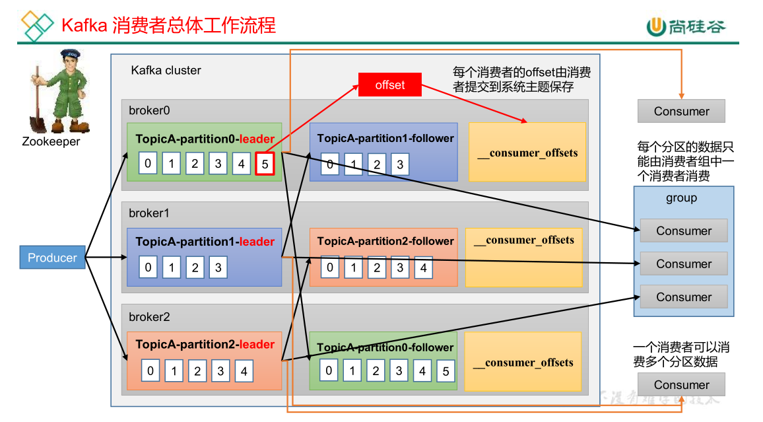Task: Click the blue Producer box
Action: pos(52,258)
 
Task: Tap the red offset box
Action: pos(389,85)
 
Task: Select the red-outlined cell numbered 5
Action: pos(265,164)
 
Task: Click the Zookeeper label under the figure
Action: pos(51,141)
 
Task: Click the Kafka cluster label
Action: pos(166,70)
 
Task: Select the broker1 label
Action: pos(149,213)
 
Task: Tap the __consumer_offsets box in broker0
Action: pos(527,153)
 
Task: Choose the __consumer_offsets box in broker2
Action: pos(523,362)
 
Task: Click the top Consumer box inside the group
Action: pos(684,230)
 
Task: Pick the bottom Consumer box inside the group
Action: pos(684,297)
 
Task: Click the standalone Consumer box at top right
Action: pos(681,111)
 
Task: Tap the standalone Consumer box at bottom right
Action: pos(681,384)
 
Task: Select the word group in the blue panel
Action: pos(681,198)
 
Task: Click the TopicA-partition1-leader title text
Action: pos(205,242)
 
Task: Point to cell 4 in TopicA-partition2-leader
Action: pos(244,371)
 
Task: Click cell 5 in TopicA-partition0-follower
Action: pos(446,371)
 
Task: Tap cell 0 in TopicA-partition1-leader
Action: pos(149,267)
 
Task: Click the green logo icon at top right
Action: pos(655,26)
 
